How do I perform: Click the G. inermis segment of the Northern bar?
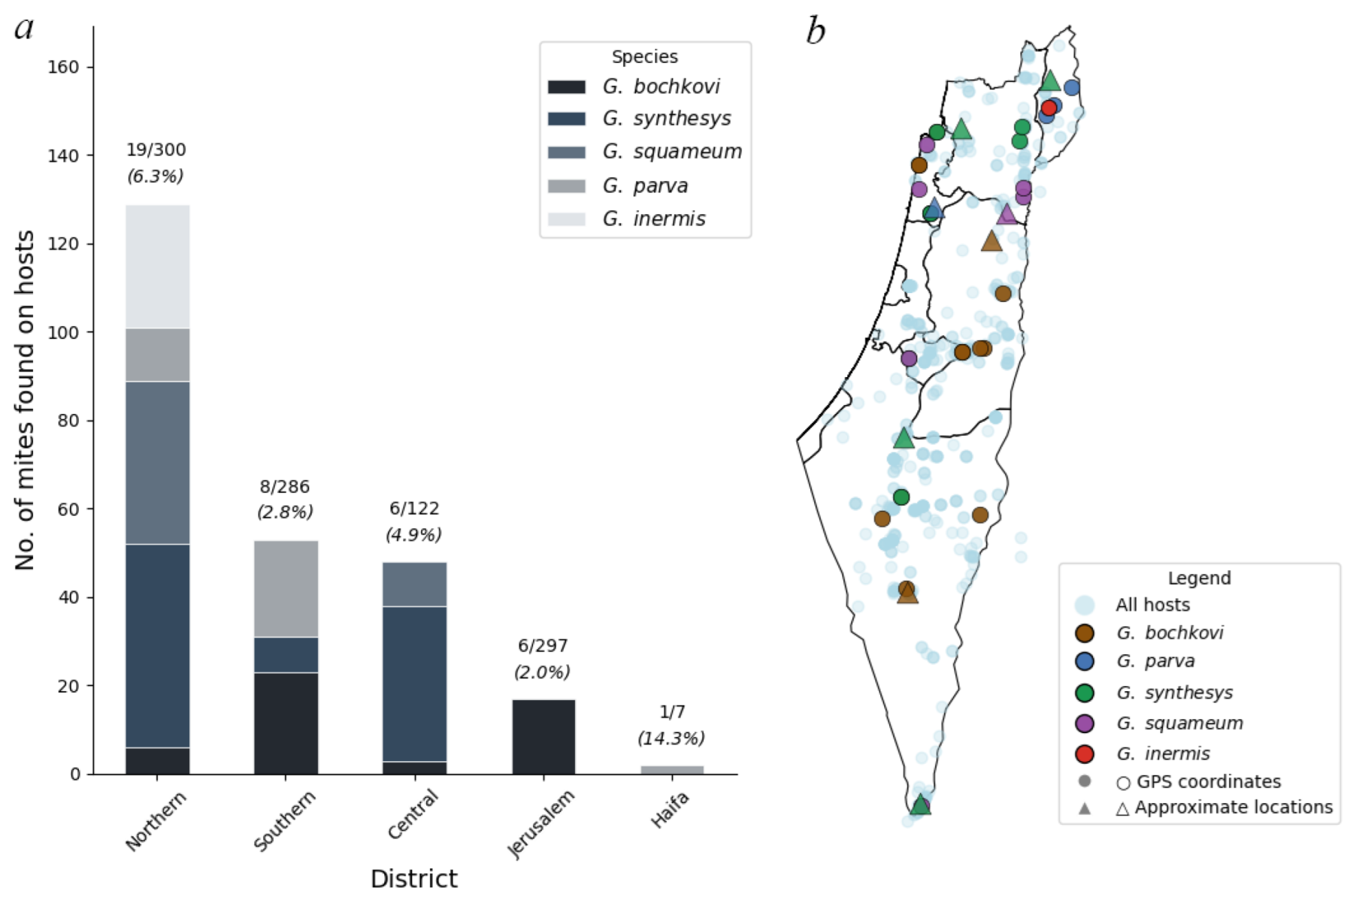[x=157, y=266]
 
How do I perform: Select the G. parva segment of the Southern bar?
[x=286, y=588]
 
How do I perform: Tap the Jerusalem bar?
[x=543, y=736]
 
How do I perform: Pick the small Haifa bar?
[x=672, y=769]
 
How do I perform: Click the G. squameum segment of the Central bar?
[x=414, y=584]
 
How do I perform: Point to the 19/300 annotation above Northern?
[x=156, y=149]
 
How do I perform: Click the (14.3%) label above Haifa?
[x=671, y=738]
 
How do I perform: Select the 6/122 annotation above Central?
[x=414, y=509]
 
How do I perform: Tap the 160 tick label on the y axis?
[x=63, y=67]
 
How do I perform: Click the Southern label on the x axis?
[x=285, y=821]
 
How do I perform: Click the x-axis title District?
[x=413, y=878]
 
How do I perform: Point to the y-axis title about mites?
[x=25, y=400]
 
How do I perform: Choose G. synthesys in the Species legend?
[x=666, y=119]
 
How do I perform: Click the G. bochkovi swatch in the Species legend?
[x=566, y=86]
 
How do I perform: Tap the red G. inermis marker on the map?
[x=1049, y=107]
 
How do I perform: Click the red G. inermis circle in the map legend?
[x=1084, y=754]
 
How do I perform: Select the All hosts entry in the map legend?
[x=1152, y=605]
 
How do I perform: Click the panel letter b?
[x=815, y=32]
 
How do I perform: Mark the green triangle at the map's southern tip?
[x=920, y=805]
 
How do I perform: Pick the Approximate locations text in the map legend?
[x=1233, y=808]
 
